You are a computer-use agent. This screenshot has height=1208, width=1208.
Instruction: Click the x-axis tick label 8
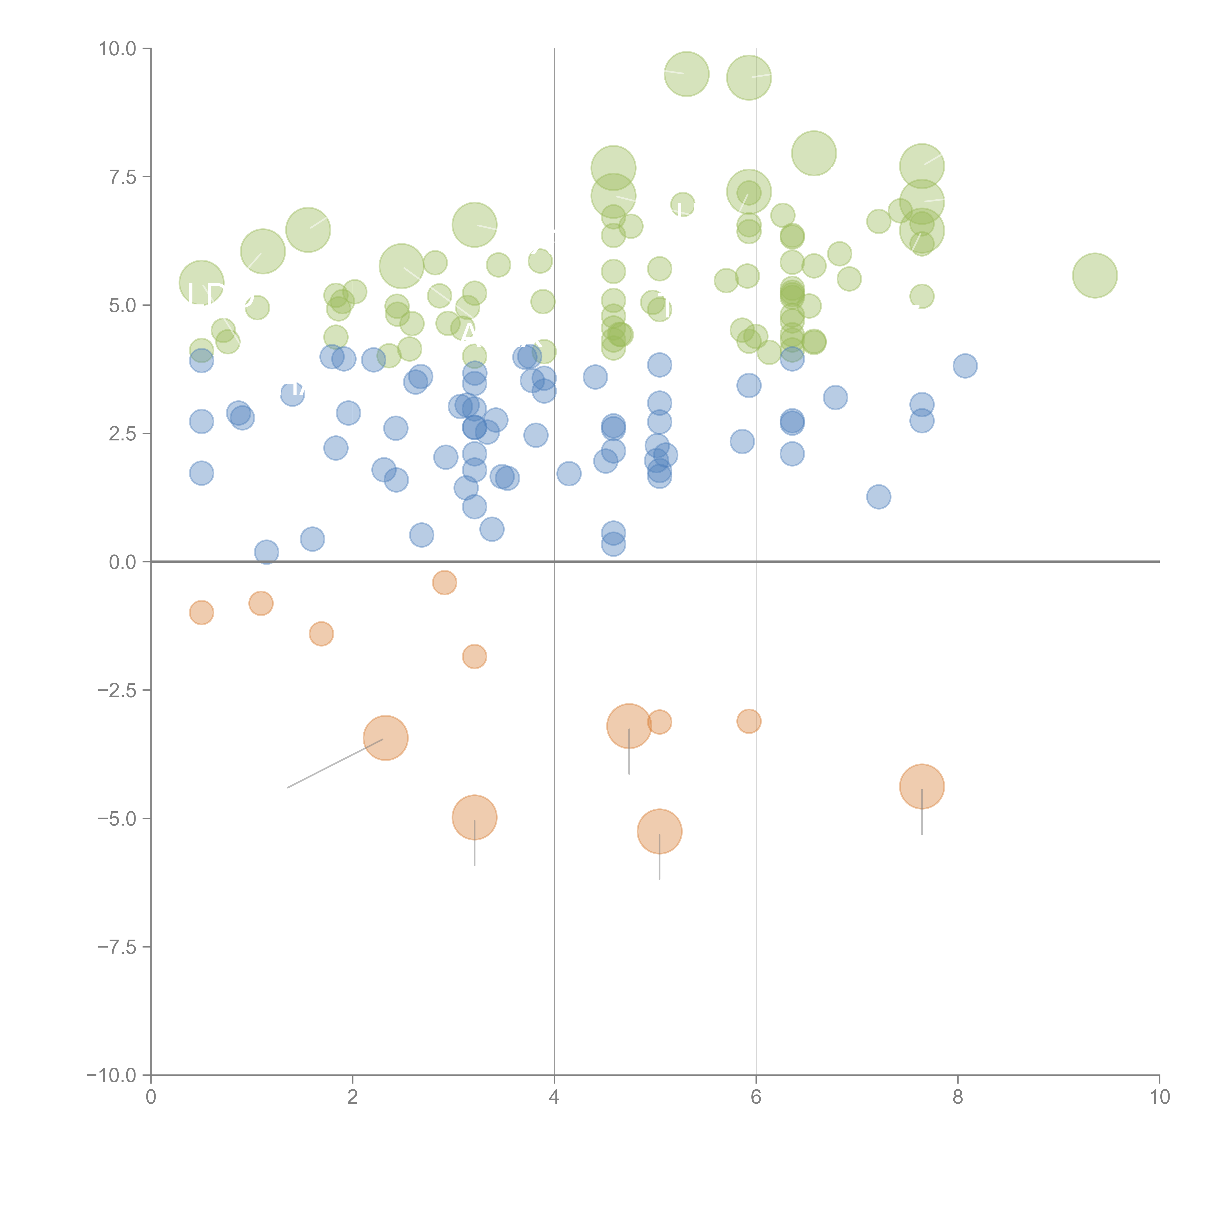[x=958, y=1097]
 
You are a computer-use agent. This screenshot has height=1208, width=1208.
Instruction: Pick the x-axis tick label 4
[x=555, y=1097]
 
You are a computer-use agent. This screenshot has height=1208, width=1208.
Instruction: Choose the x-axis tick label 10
[x=1159, y=1097]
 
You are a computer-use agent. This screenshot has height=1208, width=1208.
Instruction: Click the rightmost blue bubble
[x=965, y=366]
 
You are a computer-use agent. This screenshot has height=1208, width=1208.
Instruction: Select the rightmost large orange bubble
[x=922, y=787]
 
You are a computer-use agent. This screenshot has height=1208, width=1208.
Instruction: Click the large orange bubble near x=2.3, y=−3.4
[x=386, y=738]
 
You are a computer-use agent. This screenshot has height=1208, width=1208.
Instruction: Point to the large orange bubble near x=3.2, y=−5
[x=475, y=817]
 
